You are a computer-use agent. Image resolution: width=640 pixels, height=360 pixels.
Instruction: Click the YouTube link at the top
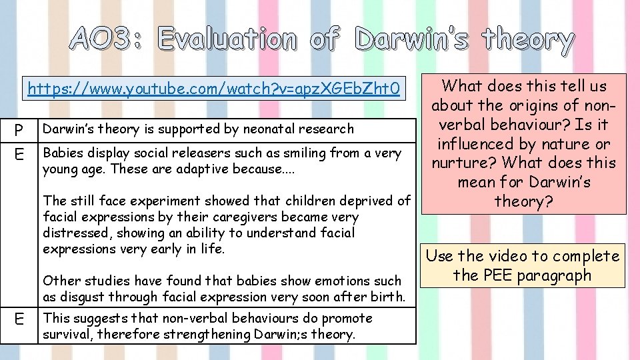[x=213, y=89]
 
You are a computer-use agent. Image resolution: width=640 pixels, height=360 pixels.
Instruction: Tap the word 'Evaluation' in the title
[x=227, y=40]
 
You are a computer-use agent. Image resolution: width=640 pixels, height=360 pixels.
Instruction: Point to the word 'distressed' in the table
[x=74, y=233]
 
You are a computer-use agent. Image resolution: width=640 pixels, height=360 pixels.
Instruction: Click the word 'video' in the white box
[x=509, y=256]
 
